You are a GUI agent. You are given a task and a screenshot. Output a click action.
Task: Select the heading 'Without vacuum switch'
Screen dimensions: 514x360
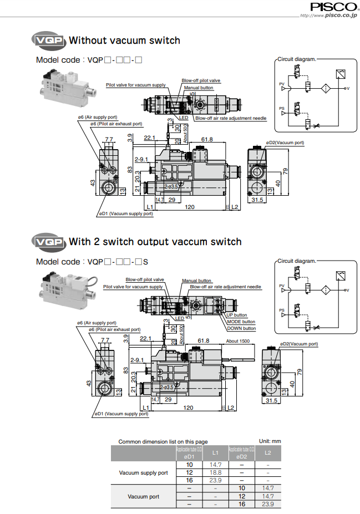(124, 40)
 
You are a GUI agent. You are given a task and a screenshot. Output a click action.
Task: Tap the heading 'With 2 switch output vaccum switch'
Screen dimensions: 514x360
(155, 242)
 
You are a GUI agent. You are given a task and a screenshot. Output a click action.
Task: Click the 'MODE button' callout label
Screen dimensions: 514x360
(241, 322)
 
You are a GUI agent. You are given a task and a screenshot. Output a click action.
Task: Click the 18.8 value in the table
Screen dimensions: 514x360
(215, 473)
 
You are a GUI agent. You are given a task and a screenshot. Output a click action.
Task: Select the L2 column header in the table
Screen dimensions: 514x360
(268, 453)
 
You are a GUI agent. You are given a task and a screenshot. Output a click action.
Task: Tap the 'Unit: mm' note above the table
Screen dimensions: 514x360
(270, 441)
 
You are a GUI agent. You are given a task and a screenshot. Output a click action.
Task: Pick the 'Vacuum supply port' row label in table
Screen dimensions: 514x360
(144, 473)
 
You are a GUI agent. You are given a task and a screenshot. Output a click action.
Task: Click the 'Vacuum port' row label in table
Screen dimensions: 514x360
(144, 496)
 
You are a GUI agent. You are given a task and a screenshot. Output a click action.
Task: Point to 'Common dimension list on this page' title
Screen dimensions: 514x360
(163, 442)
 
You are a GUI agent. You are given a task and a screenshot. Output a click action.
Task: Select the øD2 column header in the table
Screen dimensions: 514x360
(241, 456)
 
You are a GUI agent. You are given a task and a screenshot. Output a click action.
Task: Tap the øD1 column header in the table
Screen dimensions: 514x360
(189, 456)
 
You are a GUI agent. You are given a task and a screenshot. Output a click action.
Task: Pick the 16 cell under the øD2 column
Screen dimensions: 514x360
(241, 504)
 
